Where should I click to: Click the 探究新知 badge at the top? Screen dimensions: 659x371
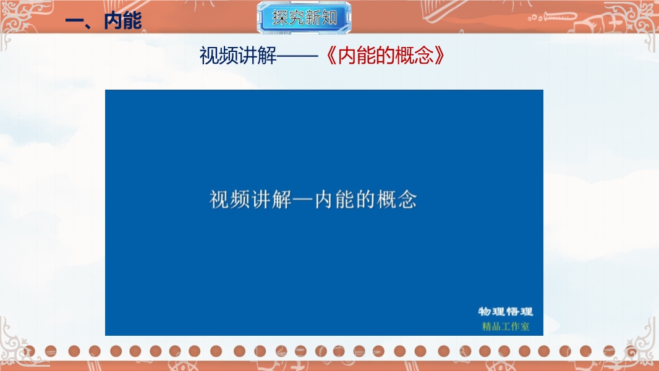pos(304,18)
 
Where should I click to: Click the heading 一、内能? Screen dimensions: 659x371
pos(103,20)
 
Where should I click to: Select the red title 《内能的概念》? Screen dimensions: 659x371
pos(385,55)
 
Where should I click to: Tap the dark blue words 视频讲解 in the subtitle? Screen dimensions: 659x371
pos(238,56)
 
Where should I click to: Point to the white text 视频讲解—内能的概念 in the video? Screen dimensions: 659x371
pos(313,200)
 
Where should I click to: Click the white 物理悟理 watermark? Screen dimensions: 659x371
pos(506,312)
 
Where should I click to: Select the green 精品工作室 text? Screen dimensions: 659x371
pos(506,326)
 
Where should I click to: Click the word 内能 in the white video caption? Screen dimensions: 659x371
pos(334,200)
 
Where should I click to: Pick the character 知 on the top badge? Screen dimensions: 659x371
pos(329,18)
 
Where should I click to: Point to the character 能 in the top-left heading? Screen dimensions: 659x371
pos(132,20)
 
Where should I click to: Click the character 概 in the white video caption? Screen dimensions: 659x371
pos(386,200)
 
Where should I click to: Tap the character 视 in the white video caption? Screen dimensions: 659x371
pos(219,200)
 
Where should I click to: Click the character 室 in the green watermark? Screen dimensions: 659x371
pos(525,326)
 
